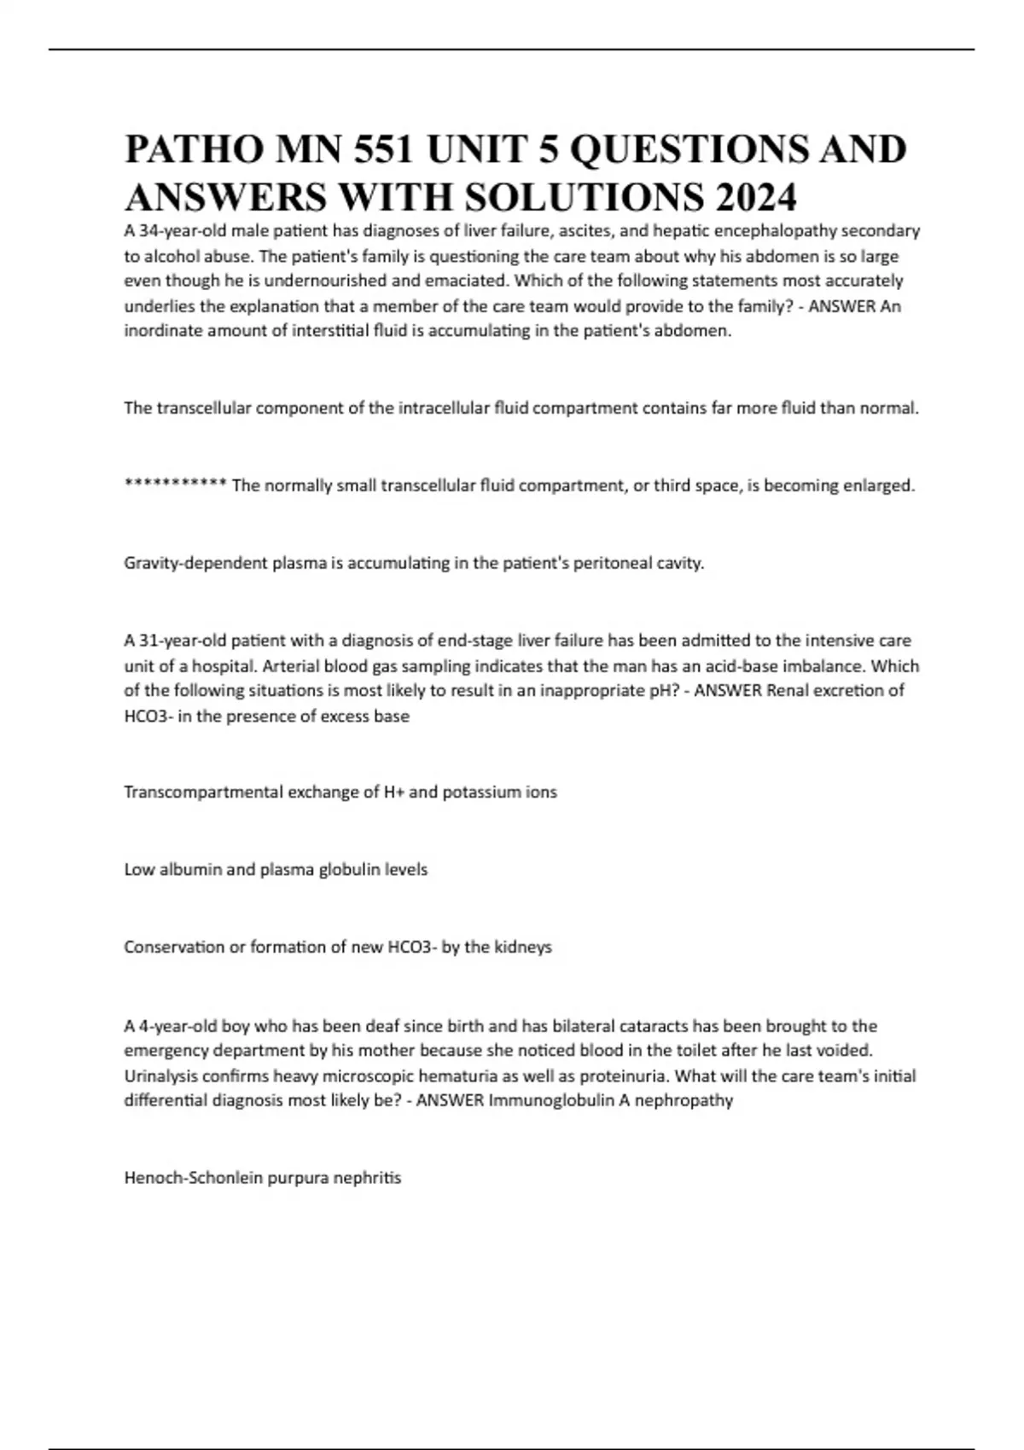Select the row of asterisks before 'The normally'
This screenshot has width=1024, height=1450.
click(175, 485)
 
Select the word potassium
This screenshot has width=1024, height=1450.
click(480, 792)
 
